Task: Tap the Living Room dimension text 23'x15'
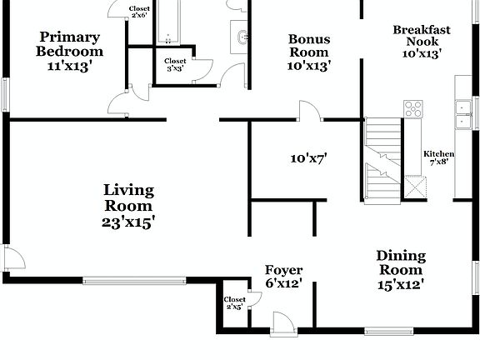coord(128,222)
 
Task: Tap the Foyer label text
coord(283,270)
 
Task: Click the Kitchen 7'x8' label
coord(439,158)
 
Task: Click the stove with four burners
coord(413,109)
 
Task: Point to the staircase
coord(383,161)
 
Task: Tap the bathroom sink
coord(240,37)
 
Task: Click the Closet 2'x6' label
coord(140,12)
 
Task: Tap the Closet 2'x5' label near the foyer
coord(235,303)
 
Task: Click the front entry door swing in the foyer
coord(282,322)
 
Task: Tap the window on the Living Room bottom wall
coord(134,280)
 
